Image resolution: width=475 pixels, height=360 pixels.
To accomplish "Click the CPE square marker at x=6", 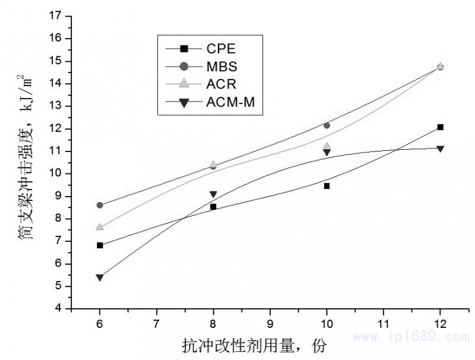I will [100, 245].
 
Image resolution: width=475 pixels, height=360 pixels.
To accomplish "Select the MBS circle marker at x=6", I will [100, 205].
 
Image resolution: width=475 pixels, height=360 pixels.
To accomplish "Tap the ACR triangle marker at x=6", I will [100, 227].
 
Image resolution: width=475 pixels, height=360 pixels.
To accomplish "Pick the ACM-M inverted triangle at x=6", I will [100, 277].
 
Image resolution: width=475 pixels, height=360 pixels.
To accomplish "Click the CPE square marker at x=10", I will [327, 186].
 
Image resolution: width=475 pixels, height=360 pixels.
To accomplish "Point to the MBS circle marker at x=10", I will [327, 125].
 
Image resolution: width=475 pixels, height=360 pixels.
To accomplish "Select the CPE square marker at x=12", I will [440, 127].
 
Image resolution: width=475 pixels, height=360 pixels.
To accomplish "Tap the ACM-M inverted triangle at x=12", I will [440, 149].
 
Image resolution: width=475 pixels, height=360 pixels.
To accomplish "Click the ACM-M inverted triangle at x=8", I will [213, 194].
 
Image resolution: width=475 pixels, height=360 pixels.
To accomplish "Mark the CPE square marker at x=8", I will [213, 207].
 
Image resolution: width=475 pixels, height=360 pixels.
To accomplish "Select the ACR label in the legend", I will [221, 84].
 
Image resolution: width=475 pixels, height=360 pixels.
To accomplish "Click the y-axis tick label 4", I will [61, 309].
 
